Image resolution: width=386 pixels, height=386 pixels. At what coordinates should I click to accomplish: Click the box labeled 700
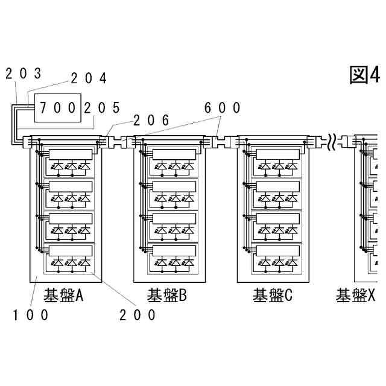(x=57, y=109)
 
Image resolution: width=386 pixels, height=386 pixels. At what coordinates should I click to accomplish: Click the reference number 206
(x=151, y=119)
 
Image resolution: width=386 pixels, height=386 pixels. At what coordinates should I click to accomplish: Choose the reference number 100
(x=30, y=315)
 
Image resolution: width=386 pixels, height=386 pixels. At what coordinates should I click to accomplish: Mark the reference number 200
(x=138, y=315)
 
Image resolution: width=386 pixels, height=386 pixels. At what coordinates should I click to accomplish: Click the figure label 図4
(x=364, y=75)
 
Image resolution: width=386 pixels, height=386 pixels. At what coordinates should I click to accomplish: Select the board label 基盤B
(x=167, y=296)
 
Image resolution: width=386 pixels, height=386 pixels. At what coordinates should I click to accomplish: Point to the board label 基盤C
(x=272, y=296)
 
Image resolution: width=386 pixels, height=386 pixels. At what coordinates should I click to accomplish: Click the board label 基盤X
(x=356, y=296)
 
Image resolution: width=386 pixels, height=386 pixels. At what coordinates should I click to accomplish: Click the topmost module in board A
(x=71, y=160)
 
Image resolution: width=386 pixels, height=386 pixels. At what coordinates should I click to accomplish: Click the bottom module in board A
(x=71, y=256)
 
